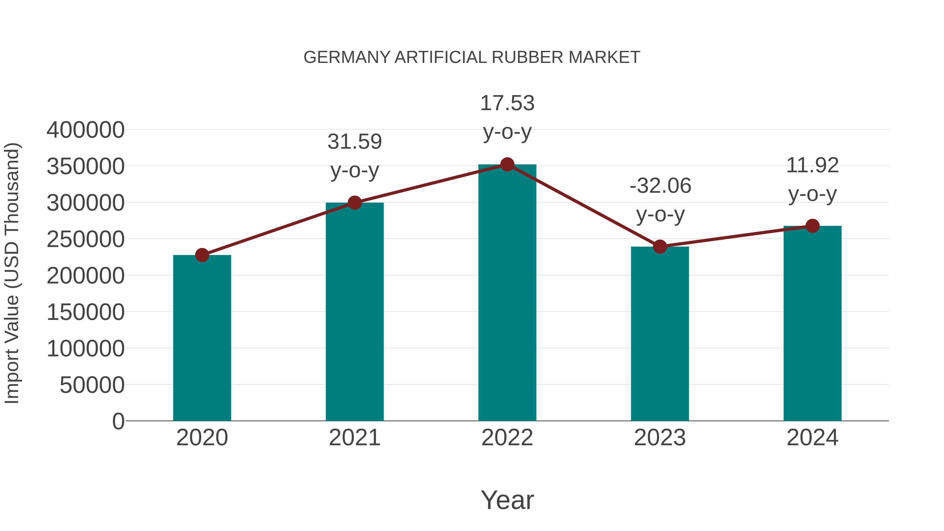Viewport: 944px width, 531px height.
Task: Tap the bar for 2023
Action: coord(660,334)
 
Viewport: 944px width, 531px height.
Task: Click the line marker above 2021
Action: coord(354,202)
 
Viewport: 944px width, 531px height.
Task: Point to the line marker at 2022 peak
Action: coord(507,164)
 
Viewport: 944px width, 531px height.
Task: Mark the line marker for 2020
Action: coord(202,255)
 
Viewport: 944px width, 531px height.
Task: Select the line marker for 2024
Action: coord(812,226)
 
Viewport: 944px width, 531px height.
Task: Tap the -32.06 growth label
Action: coord(660,186)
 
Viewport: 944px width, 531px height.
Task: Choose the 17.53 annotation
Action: coord(507,103)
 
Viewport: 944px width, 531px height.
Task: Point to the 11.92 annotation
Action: coord(812,165)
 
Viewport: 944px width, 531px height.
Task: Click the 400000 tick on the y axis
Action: coord(85,130)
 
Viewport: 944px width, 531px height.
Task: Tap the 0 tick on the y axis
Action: coord(118,421)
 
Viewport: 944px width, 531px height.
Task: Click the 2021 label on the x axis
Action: coord(354,438)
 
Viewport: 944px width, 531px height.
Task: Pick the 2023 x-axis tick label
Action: coord(660,438)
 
